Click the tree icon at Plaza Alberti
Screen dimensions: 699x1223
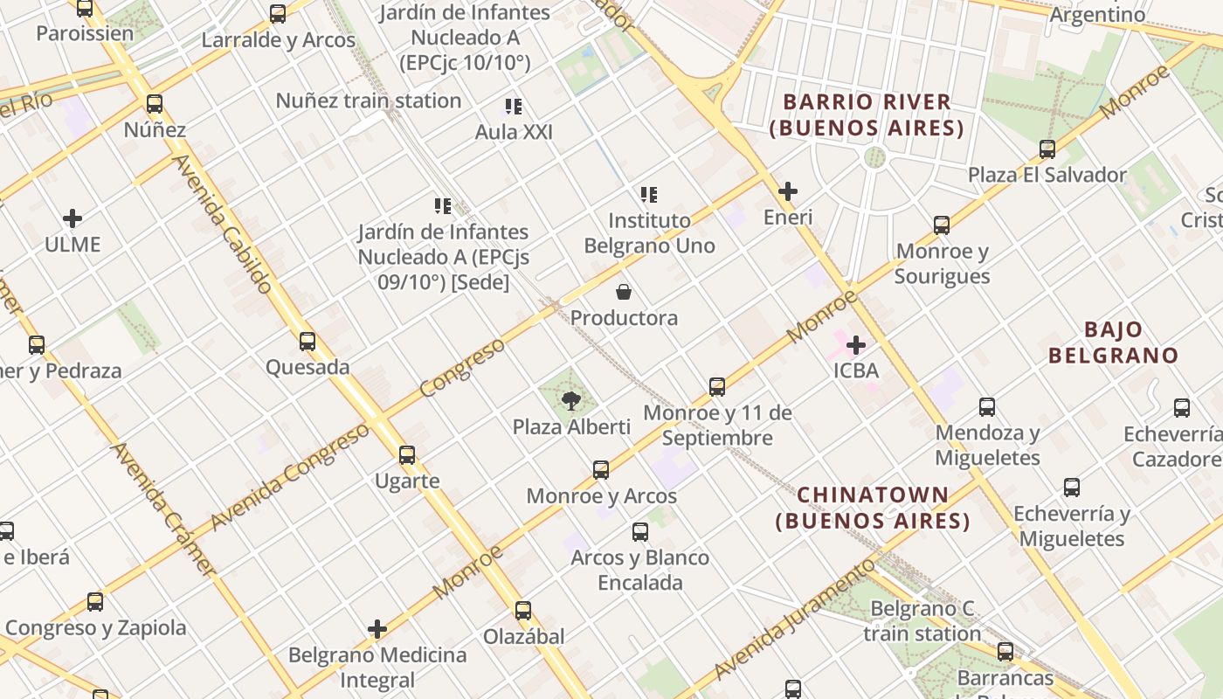point(571,401)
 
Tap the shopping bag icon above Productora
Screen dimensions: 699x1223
point(624,292)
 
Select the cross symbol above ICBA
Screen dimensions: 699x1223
point(856,345)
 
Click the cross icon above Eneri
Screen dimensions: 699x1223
point(788,191)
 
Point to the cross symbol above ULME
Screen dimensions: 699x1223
point(73,218)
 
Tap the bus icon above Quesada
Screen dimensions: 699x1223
point(307,342)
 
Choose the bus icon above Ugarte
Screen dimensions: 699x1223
point(407,455)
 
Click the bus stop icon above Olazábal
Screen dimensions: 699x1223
point(523,611)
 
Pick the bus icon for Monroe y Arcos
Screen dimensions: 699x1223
point(601,470)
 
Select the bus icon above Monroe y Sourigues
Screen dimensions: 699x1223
point(942,225)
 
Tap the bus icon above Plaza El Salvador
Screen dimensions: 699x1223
point(1047,149)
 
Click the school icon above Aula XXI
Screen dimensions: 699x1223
point(514,107)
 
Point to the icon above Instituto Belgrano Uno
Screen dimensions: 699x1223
point(648,194)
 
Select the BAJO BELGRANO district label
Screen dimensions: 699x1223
point(1114,343)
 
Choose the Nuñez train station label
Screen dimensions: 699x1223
point(369,100)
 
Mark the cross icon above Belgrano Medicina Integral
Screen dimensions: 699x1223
point(377,629)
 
